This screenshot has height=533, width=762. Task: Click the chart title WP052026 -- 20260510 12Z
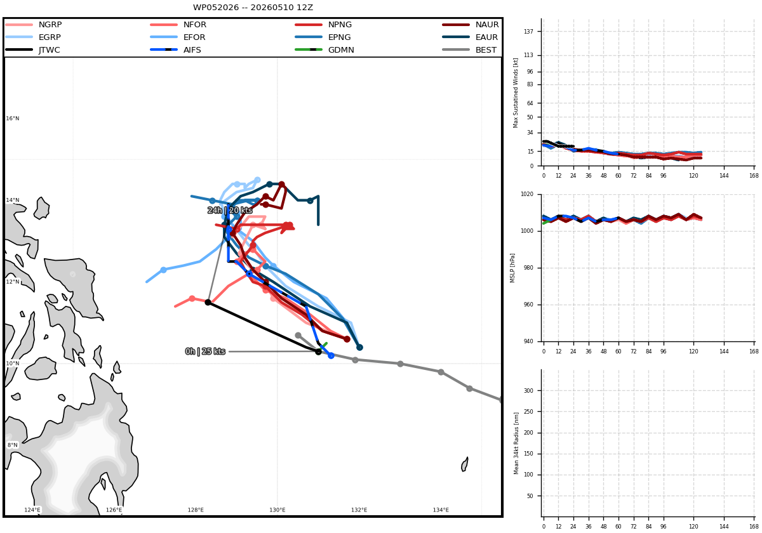[253, 8]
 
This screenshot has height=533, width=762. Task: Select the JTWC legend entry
[32, 50]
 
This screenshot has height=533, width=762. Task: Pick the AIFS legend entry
[175, 50]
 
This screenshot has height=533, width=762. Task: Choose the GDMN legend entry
[324, 50]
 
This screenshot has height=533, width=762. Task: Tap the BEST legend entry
[470, 50]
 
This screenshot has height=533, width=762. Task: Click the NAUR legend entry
[471, 25]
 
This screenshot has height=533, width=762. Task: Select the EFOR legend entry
[178, 37]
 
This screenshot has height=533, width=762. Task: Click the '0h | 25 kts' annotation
[205, 351]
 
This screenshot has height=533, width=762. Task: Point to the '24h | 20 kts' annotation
[230, 210]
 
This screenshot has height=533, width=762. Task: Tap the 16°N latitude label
[13, 118]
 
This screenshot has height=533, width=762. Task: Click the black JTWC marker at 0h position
[318, 352]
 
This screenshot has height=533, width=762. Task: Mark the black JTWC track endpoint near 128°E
[208, 302]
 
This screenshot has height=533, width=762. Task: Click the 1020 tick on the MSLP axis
[527, 194]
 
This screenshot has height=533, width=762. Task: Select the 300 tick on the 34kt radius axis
[528, 391]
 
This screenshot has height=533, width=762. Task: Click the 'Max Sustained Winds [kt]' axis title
[516, 93]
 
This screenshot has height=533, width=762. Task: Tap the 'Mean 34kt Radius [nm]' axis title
[516, 444]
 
